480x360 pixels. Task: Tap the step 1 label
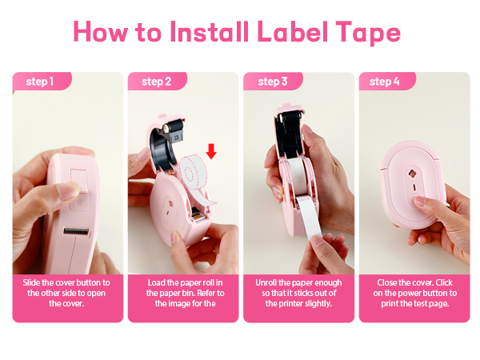click(40, 82)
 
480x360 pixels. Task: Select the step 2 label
click(156, 82)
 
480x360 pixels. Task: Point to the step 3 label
click(273, 82)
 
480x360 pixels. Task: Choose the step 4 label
click(386, 82)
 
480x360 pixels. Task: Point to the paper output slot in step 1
click(75, 232)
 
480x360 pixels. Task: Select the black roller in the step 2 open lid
click(171, 126)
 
